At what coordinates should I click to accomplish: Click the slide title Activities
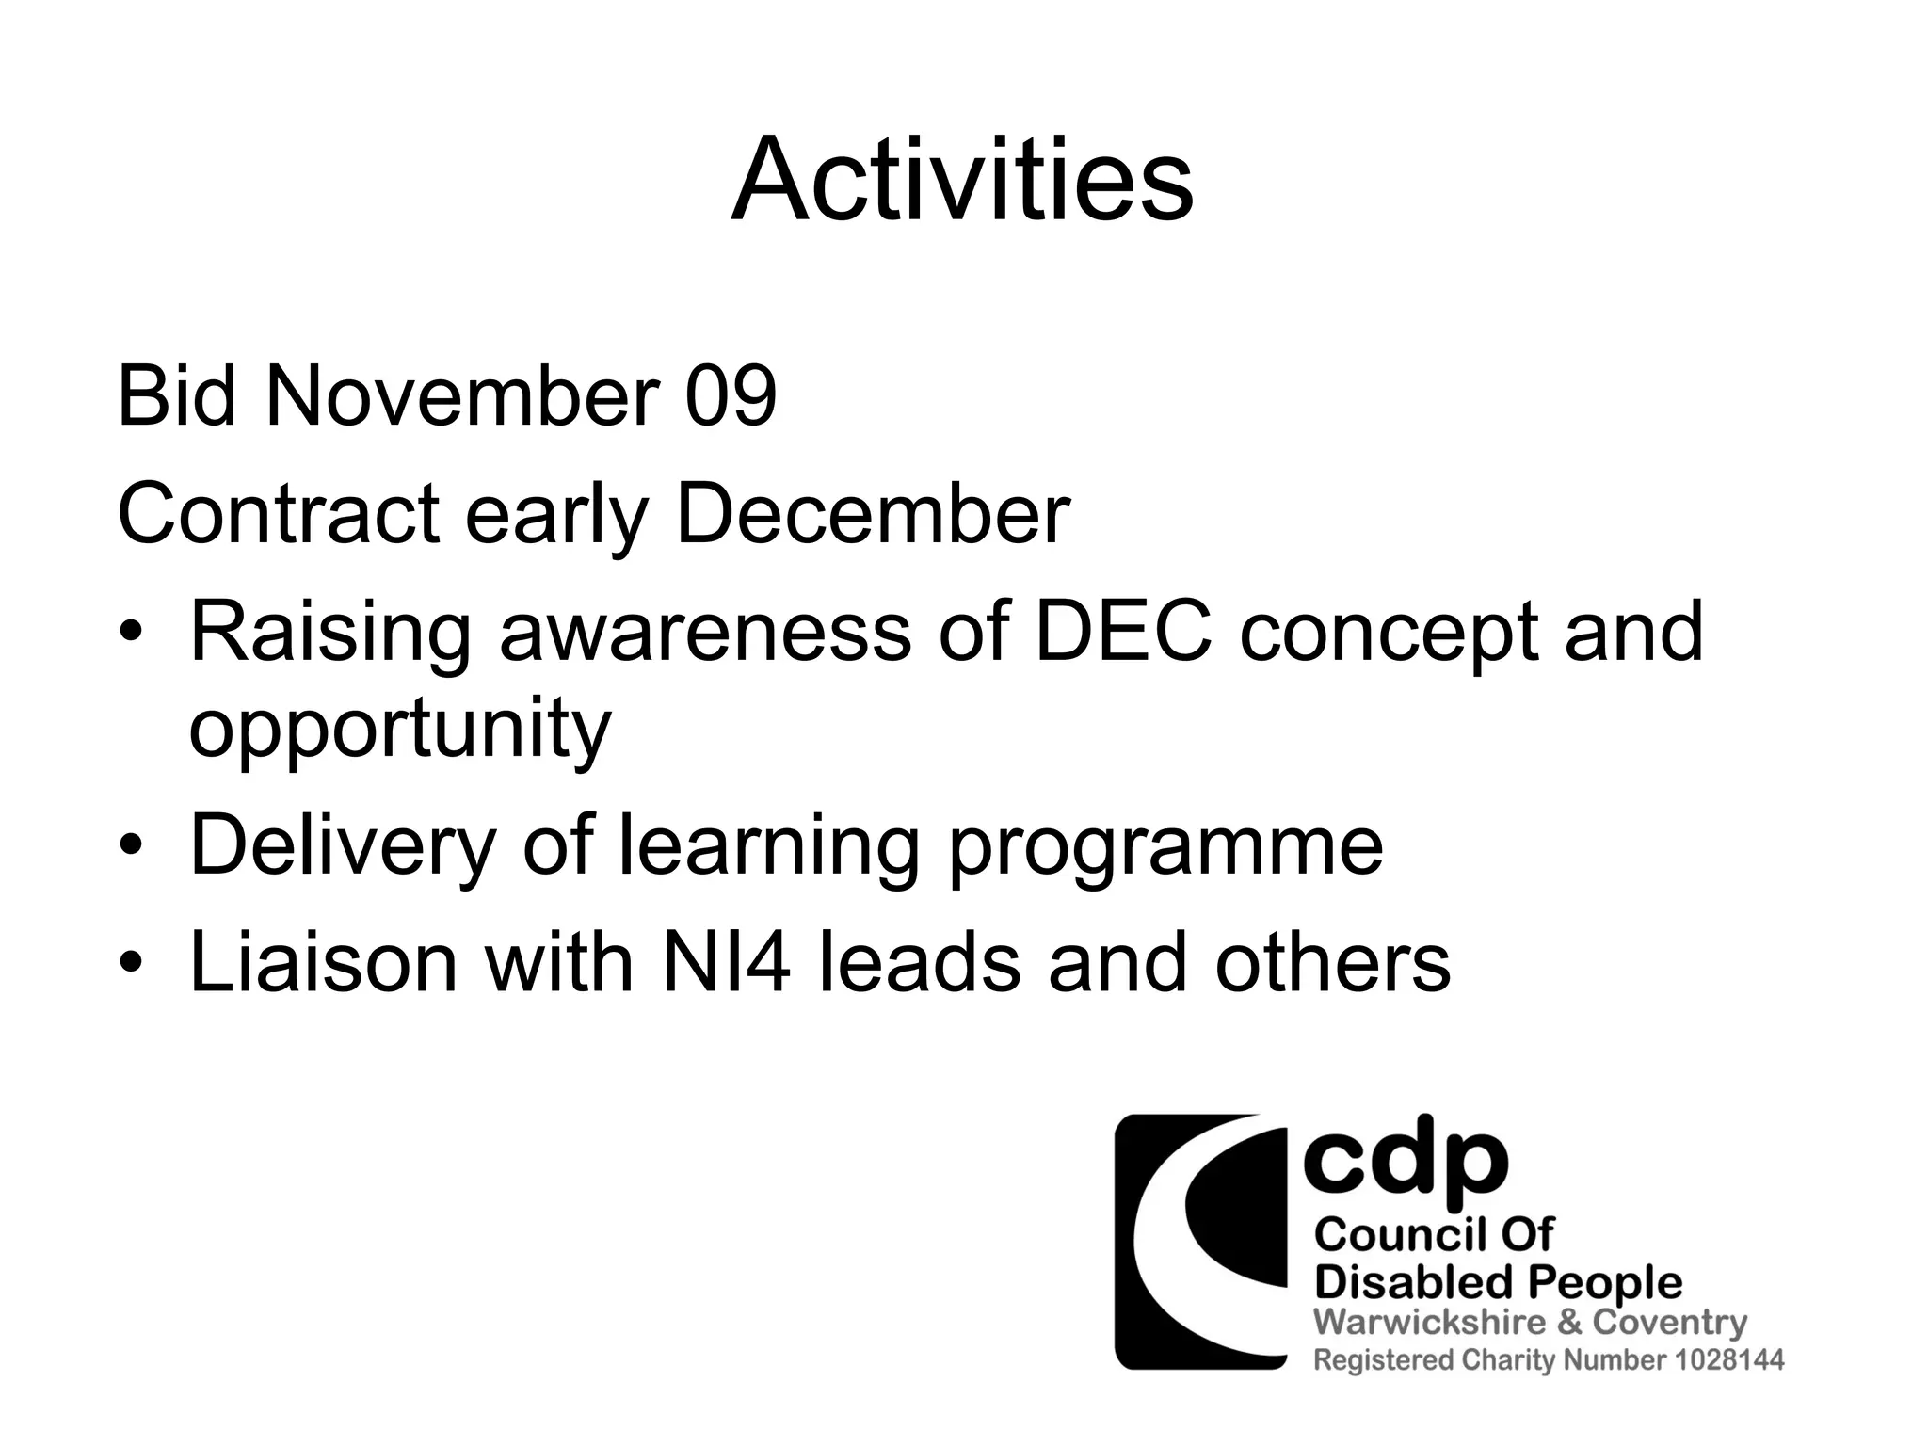pos(962,181)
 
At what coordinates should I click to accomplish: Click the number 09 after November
pos(730,397)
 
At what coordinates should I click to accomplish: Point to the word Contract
pos(279,515)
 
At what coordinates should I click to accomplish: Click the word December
pos(873,515)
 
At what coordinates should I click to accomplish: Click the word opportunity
pos(400,731)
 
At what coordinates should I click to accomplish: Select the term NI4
pos(725,963)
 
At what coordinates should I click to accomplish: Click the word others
pos(1332,963)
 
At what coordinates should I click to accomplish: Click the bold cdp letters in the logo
pos(1405,1164)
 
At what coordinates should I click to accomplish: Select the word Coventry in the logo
pos(1669,1322)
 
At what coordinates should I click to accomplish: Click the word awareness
pos(704,632)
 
